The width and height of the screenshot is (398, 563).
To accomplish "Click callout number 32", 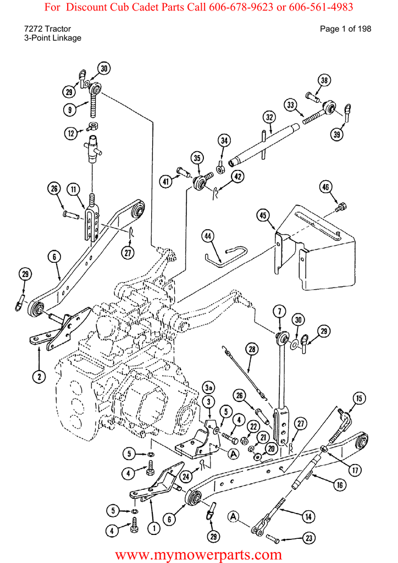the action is point(269,118).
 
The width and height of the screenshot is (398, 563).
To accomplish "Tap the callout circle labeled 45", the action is point(263,215).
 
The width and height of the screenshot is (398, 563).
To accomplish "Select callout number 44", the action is point(207,236).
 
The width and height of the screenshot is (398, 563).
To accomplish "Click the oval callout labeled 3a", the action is point(209,388).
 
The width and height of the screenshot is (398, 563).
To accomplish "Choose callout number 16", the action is point(340,485).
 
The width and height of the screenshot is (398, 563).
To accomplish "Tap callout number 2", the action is point(39,376).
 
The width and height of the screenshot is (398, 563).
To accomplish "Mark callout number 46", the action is point(325,187).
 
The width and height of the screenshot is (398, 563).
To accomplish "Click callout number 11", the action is point(74,189).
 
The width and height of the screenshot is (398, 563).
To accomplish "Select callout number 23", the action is point(309,538).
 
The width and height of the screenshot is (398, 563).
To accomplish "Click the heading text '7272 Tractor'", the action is point(47,29).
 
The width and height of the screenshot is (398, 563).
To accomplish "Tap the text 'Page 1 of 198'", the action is point(345,29).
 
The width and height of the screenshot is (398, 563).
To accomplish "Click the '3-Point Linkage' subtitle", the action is point(53,38).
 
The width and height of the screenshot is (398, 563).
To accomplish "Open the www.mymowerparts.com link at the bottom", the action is point(198,555).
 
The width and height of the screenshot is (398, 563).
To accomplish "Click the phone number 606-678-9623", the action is point(242,7).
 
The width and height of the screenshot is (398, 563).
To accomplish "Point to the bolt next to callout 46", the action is point(341,207).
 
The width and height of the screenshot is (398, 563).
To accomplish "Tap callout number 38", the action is point(324,80).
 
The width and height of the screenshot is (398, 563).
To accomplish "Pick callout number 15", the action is point(359,398).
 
